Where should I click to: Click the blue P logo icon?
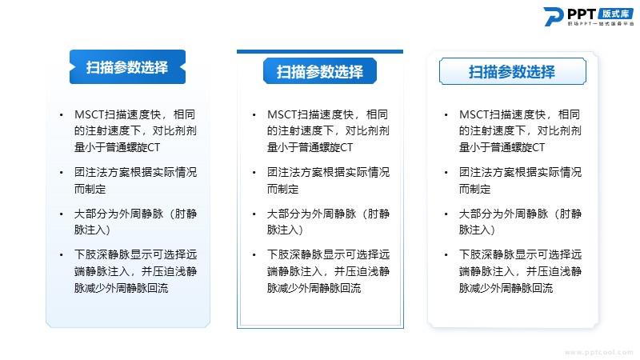pyautogui.click(x=553, y=17)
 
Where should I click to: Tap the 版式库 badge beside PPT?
pyautogui.click(x=616, y=14)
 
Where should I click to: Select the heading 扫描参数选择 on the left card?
pyautogui.click(x=127, y=67)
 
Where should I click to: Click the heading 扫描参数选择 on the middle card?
pyautogui.click(x=319, y=72)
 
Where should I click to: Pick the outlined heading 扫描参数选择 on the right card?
pyautogui.click(x=512, y=72)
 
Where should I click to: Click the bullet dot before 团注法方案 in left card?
pyautogui.click(x=62, y=173)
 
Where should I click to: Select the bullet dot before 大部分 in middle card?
pyautogui.click(x=254, y=214)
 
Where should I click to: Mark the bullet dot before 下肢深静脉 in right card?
pyautogui.click(x=446, y=255)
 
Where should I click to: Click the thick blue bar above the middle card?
pyautogui.click(x=320, y=52)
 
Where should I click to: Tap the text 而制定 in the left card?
pyautogui.click(x=90, y=189)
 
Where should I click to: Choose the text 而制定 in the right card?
pyautogui.click(x=474, y=189)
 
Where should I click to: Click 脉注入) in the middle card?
pyautogui.click(x=285, y=230)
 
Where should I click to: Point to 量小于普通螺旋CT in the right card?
pyautogui.click(x=502, y=147)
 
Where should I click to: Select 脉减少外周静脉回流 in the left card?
pyautogui.click(x=122, y=288)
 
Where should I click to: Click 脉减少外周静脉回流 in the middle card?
pyautogui.click(x=314, y=288)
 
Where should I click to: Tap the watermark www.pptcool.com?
pyautogui.click(x=598, y=352)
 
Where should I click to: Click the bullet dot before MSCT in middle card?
pyautogui.click(x=254, y=115)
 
